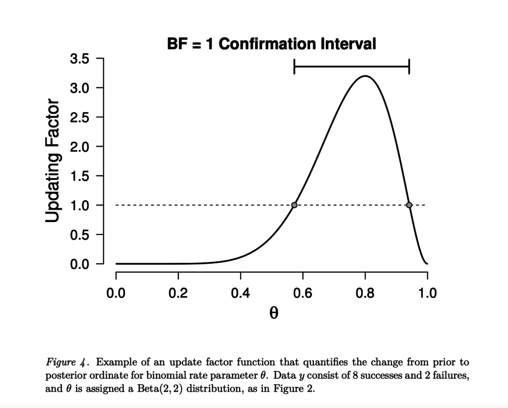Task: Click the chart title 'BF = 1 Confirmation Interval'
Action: pos(271,44)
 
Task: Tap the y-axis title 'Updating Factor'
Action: pos(53,161)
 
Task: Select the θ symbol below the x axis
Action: pos(271,314)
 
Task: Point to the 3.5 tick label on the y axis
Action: pos(78,58)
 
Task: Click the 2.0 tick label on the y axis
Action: pos(78,147)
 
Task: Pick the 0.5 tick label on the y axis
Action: pos(78,234)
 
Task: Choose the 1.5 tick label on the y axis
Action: pos(78,176)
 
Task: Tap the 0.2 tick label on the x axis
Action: pos(178,293)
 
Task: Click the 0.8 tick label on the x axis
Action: pos(365,293)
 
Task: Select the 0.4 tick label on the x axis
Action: pos(241,293)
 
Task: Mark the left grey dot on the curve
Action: pos(294,205)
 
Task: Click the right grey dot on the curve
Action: pos(409,205)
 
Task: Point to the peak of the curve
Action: pos(365,76)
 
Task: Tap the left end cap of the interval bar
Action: pos(294,66)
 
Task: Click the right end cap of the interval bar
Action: pos(409,66)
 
